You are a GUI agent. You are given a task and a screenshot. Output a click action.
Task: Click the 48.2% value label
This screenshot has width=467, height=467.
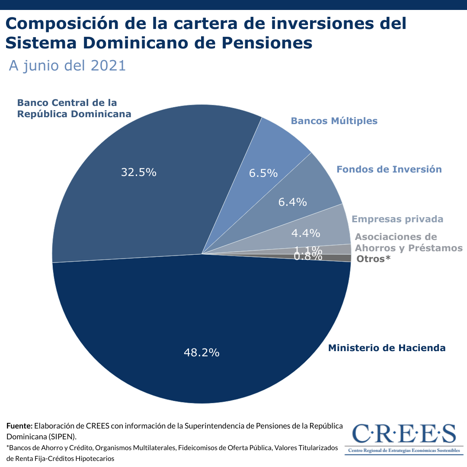[x=202, y=353]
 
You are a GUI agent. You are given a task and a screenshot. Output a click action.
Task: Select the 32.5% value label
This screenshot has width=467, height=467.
[x=138, y=173]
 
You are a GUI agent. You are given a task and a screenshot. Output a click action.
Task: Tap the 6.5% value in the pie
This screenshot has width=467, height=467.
[x=263, y=173]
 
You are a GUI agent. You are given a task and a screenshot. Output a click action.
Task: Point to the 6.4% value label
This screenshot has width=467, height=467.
[x=293, y=202]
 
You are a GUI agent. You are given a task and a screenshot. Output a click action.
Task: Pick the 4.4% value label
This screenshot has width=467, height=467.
[x=306, y=233]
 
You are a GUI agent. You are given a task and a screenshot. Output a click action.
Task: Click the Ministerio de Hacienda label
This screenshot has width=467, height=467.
[x=387, y=348]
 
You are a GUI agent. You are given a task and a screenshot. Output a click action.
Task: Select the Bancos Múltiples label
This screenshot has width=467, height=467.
[x=334, y=121]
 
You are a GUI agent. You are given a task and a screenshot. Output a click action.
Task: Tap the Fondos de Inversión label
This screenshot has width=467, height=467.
[x=389, y=169]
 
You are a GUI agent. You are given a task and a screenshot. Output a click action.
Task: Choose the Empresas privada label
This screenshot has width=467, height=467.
[x=397, y=219]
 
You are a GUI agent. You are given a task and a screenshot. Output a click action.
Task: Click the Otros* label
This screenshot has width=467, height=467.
[x=374, y=259]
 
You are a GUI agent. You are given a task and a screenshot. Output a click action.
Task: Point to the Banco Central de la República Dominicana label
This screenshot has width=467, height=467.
[x=74, y=109]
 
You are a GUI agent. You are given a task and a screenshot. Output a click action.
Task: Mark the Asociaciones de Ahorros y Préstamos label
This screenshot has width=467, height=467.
[x=403, y=243]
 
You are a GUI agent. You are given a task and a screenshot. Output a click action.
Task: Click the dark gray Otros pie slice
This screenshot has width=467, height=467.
[x=342, y=258]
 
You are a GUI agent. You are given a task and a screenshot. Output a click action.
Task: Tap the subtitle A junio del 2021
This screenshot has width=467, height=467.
[x=67, y=66]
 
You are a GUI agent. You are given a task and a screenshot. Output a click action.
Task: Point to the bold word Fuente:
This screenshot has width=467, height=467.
[x=19, y=426]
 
